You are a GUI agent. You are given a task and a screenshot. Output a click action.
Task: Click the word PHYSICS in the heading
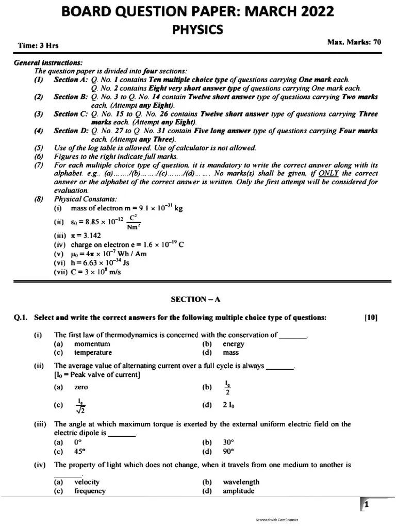198,30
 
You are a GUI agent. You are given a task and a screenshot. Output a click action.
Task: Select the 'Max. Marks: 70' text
354,42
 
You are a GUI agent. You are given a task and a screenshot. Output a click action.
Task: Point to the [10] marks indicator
370,318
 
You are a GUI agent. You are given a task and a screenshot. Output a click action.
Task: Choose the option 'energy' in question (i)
233,344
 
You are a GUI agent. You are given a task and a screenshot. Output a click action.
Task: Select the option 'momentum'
92,344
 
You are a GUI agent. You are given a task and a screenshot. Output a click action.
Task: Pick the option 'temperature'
93,353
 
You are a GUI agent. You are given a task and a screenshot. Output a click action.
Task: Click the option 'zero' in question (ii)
81,387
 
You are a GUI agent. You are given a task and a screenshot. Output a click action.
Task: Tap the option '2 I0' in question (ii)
229,405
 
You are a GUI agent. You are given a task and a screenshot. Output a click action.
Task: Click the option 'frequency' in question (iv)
90,491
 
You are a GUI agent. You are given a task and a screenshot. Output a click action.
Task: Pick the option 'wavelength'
241,482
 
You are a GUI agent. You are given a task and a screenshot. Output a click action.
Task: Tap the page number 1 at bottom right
366,505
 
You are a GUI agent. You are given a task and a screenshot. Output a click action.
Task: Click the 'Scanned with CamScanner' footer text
277,520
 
